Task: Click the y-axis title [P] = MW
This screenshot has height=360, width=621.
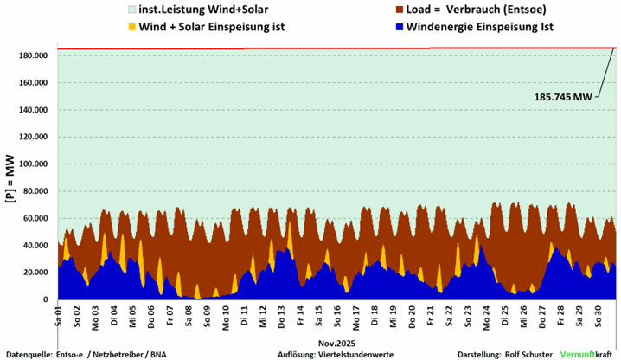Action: coord(10,178)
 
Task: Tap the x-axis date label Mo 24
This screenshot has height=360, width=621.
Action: coord(486,312)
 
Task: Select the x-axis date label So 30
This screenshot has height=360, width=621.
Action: coord(598,312)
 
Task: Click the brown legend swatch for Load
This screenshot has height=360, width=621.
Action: coord(400,10)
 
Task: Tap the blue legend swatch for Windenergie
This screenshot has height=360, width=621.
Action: coord(400,27)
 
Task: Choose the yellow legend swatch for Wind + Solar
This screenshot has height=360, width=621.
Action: coord(131,27)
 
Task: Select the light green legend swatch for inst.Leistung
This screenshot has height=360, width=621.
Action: coord(131,10)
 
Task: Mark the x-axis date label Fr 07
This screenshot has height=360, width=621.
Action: coord(170,312)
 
